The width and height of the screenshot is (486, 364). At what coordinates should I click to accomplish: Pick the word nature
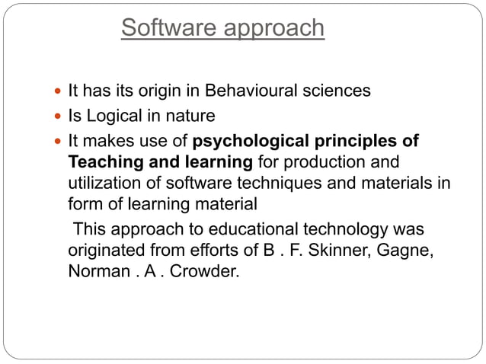(x=191, y=117)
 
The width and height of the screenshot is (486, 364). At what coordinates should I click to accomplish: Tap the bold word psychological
(x=248, y=142)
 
